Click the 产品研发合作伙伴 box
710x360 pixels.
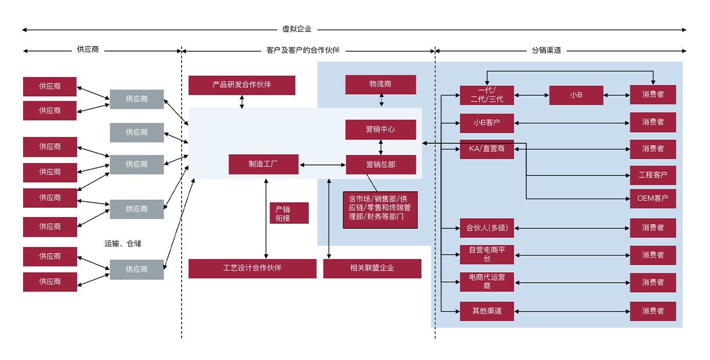(x=242, y=85)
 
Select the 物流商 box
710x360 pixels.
(x=380, y=85)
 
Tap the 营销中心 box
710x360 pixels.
(x=380, y=130)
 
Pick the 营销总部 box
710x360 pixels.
(x=381, y=165)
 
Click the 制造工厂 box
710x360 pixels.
(x=263, y=165)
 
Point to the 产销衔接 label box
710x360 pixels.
(x=289, y=213)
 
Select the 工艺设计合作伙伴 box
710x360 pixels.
(x=252, y=268)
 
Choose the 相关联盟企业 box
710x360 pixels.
(x=372, y=268)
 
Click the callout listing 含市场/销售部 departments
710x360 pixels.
(x=380, y=210)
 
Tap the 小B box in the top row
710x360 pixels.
(x=576, y=95)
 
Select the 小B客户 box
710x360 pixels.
(x=487, y=123)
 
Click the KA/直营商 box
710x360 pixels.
(x=487, y=149)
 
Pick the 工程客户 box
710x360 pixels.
(x=653, y=175)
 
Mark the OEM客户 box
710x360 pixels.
(x=653, y=199)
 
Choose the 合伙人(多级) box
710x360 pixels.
(x=487, y=228)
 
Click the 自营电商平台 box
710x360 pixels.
(x=487, y=255)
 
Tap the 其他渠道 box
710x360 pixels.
(x=487, y=311)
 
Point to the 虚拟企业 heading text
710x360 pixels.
(x=297, y=30)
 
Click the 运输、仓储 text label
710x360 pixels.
(x=123, y=244)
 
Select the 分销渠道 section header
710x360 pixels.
(x=546, y=51)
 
